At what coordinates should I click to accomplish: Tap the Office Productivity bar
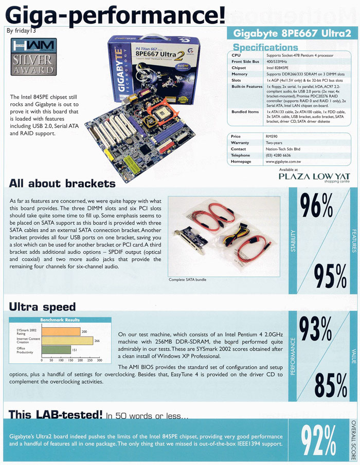coord(54,350)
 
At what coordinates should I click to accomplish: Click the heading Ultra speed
coord(42,307)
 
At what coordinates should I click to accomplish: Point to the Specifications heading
coord(266,47)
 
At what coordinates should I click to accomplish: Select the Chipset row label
coord(239,67)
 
